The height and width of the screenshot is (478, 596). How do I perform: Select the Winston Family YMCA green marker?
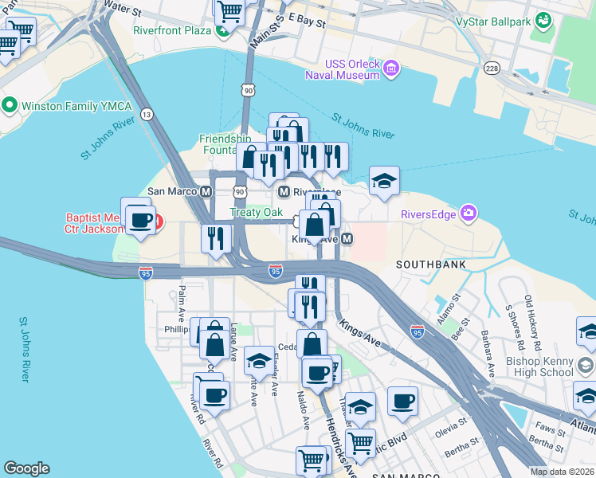(x=10, y=105)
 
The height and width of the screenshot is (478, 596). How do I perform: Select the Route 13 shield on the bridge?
(x=147, y=115)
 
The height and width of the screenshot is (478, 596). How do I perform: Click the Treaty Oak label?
(x=257, y=212)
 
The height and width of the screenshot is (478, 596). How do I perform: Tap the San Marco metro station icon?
(x=206, y=191)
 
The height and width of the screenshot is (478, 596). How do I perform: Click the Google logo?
(x=26, y=468)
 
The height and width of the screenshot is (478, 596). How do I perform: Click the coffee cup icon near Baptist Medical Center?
(x=140, y=220)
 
